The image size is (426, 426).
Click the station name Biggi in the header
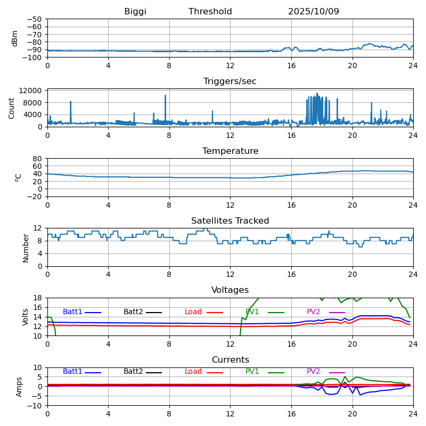point(135,12)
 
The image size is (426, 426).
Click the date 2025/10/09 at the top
point(314,12)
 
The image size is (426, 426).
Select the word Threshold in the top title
point(210,12)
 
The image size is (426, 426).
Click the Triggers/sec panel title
point(230,81)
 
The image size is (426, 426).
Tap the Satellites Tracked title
point(230,221)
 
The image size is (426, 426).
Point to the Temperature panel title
point(230,151)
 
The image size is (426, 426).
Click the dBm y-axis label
point(15,38)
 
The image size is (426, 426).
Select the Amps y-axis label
point(19,387)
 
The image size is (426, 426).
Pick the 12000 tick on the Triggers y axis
point(31,91)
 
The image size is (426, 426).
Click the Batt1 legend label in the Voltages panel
point(72,312)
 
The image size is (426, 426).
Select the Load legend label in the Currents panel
point(193,372)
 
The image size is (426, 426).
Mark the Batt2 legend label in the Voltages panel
point(133,312)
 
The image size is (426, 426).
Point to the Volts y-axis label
point(26,317)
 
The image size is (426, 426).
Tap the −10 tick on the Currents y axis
point(34,406)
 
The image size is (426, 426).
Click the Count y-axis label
point(12,108)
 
